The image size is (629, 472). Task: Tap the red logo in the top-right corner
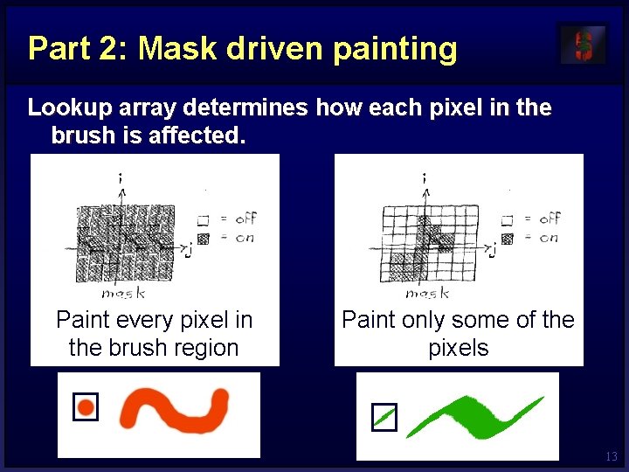coord(582,45)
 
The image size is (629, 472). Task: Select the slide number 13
coord(611,456)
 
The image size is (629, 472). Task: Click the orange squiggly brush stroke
coord(175,410)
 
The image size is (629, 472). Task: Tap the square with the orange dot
coord(86,406)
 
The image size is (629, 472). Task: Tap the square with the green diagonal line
coord(384,418)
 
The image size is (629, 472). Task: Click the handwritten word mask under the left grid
coord(122,293)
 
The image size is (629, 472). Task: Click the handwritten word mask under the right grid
coord(427,293)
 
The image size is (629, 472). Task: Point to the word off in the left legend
coord(245,219)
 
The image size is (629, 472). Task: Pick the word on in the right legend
coord(548,238)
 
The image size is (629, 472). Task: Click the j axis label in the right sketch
coord(494,252)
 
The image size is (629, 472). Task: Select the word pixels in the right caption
coord(458,348)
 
